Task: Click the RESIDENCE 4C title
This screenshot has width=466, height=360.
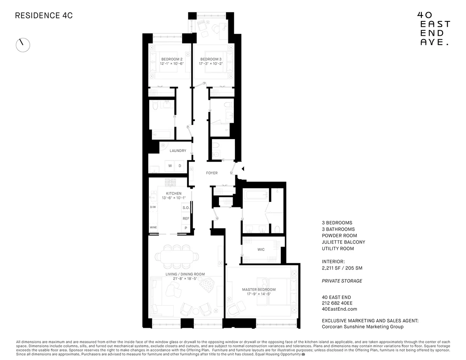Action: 44,16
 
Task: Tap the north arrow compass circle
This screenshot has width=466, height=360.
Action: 23,45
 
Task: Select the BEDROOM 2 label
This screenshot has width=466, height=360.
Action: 169,59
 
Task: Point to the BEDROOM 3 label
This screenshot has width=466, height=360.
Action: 211,59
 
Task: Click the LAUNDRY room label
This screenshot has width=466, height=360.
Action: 178,151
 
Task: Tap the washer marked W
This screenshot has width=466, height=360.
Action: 170,166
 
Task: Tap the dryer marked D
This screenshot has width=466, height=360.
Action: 179,166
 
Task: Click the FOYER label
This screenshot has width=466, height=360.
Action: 212,173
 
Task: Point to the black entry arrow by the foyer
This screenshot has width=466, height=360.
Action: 243,169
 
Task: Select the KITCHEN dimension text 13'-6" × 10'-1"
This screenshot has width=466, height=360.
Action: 174,198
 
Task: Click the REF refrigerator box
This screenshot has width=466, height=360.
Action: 186,219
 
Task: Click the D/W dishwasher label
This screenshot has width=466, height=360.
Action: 153,207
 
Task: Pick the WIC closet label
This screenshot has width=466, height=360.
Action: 261,249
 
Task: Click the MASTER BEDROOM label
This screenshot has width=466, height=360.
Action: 259,289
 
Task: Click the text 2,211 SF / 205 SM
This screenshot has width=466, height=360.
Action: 342,268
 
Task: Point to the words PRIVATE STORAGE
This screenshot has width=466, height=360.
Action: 342,281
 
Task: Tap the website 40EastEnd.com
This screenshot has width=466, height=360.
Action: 339,309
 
